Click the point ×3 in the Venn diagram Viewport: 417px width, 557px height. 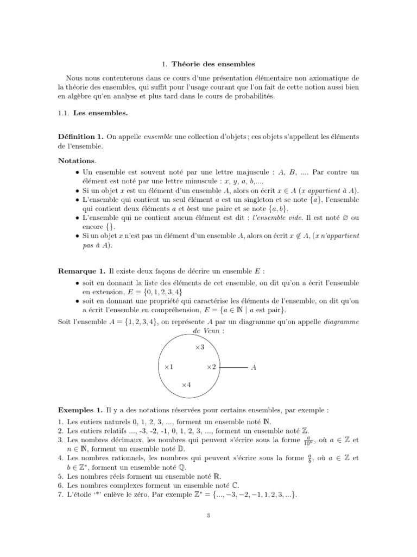[199, 347]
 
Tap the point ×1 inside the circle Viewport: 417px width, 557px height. [168, 368]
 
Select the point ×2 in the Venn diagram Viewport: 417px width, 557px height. [211, 368]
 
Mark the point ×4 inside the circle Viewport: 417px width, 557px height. [186, 385]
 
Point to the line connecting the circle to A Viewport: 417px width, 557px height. [233, 368]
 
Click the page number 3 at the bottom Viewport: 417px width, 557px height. [208, 517]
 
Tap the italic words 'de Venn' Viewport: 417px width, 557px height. [207, 331]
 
